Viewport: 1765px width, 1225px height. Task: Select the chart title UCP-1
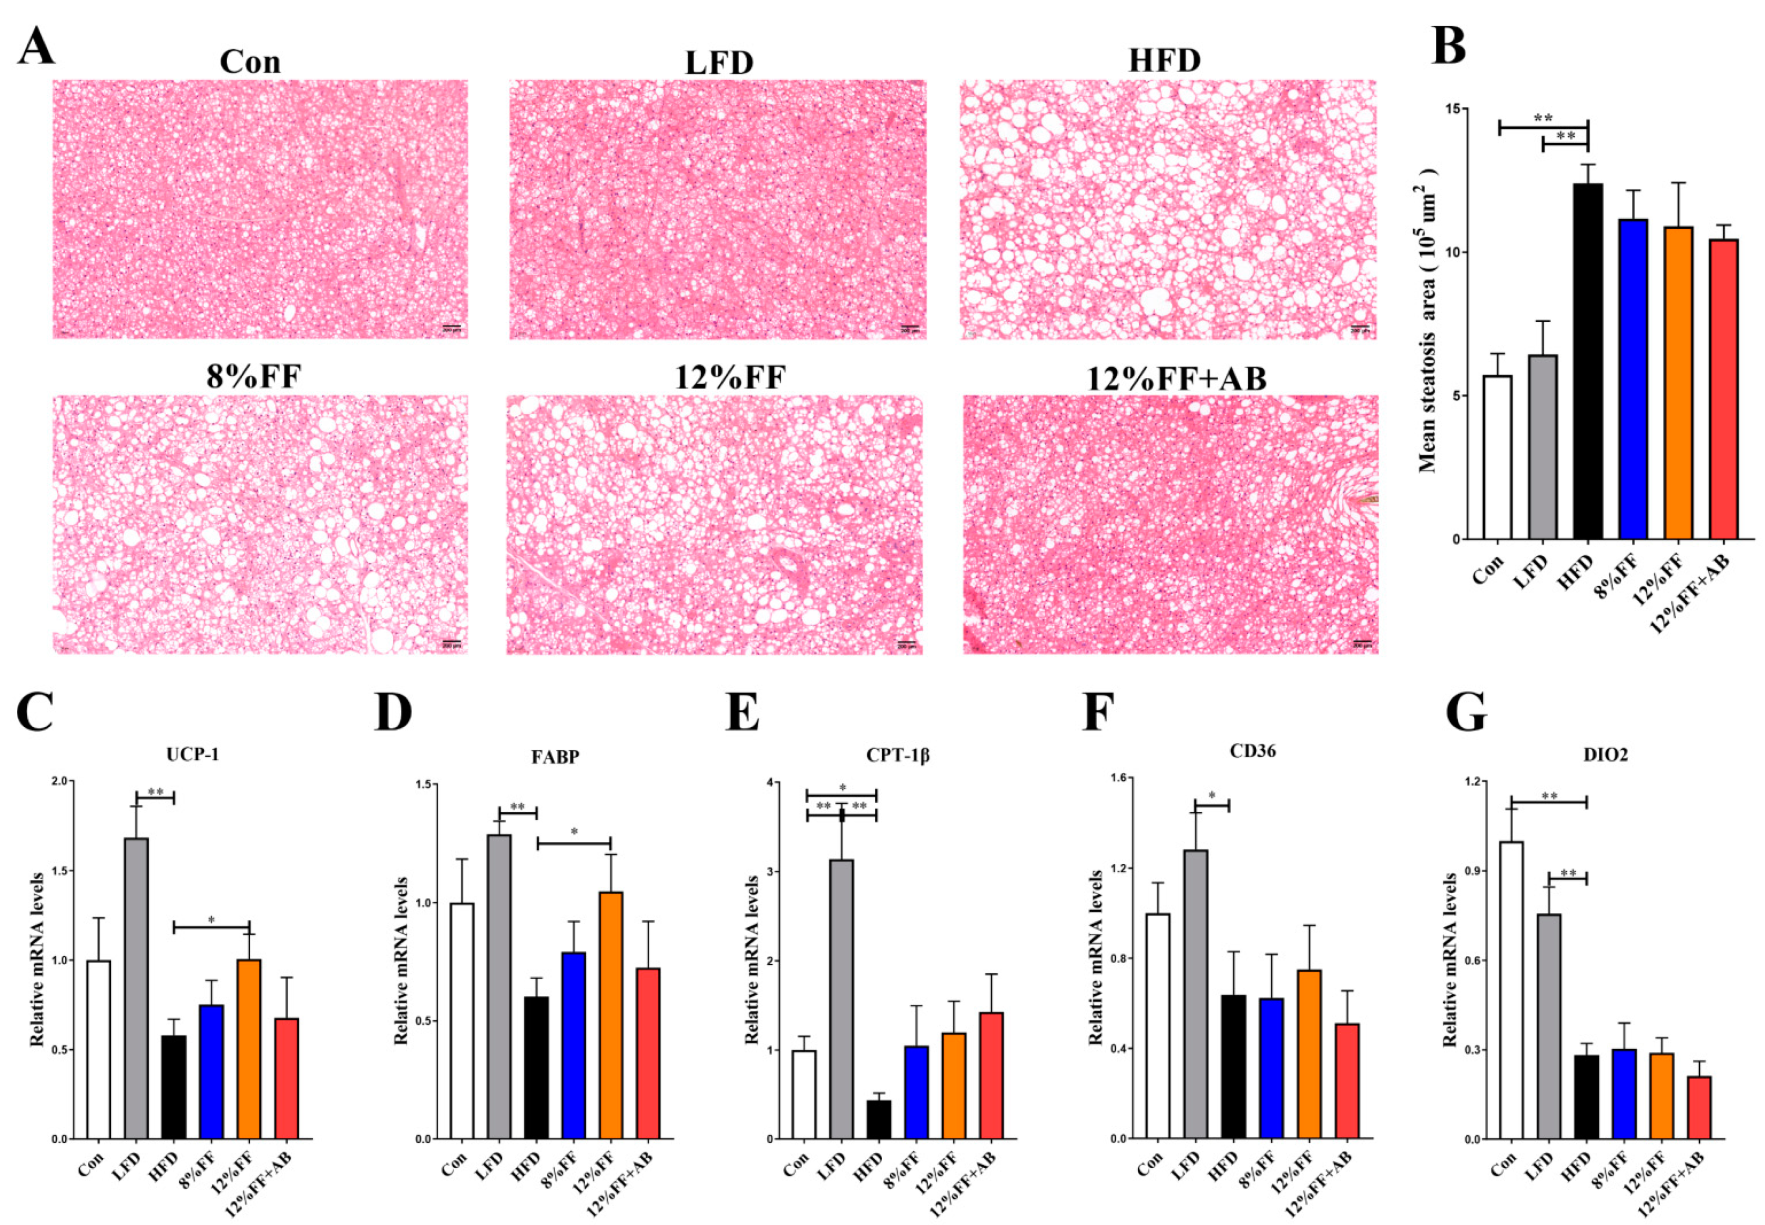(192, 754)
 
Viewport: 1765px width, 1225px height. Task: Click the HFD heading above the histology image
(1164, 60)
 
